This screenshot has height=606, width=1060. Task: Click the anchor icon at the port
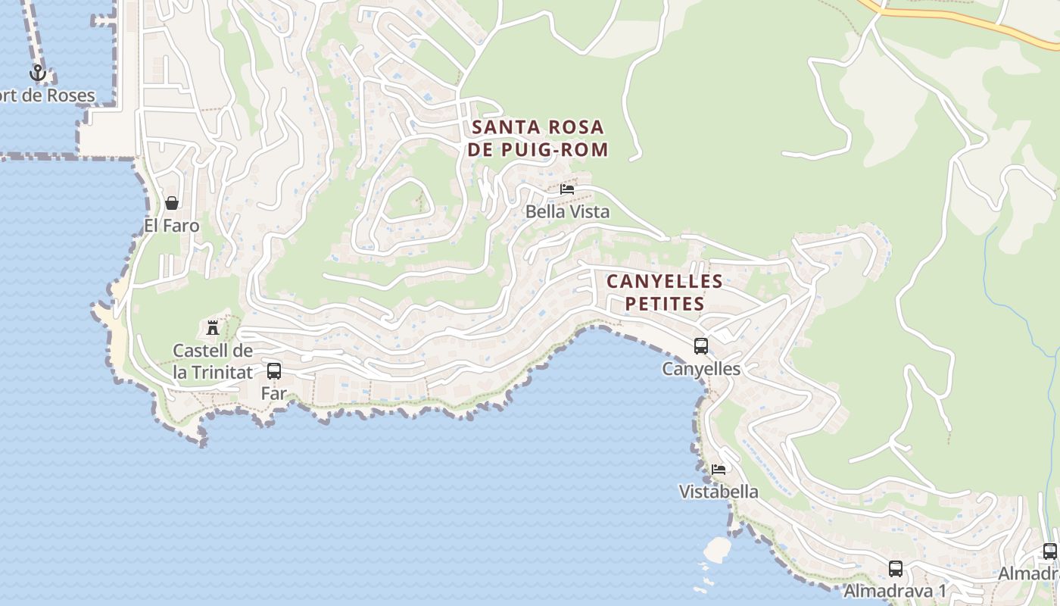coord(37,73)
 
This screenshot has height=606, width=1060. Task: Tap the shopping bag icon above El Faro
coord(172,203)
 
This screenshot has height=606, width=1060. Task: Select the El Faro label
coord(172,226)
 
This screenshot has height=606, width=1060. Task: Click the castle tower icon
coord(213,328)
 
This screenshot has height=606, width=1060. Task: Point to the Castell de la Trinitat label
coord(213,361)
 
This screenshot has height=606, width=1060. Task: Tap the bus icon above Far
coord(274,371)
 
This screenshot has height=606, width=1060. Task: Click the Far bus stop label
coord(274,393)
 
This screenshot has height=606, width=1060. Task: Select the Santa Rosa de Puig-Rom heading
coord(538,138)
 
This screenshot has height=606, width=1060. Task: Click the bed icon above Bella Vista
coord(567,189)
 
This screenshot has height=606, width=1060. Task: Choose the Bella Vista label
coord(567,212)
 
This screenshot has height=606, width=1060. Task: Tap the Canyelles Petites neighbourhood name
coord(664,292)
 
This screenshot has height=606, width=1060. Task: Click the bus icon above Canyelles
coord(701,346)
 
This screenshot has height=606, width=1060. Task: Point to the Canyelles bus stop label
coord(701,369)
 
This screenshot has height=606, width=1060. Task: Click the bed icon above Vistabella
coord(719,470)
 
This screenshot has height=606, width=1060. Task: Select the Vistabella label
coord(719,492)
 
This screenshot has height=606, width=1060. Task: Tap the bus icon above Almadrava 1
coord(896,568)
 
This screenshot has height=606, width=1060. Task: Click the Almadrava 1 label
coord(896,591)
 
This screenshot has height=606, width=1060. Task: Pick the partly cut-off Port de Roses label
coord(48,95)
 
